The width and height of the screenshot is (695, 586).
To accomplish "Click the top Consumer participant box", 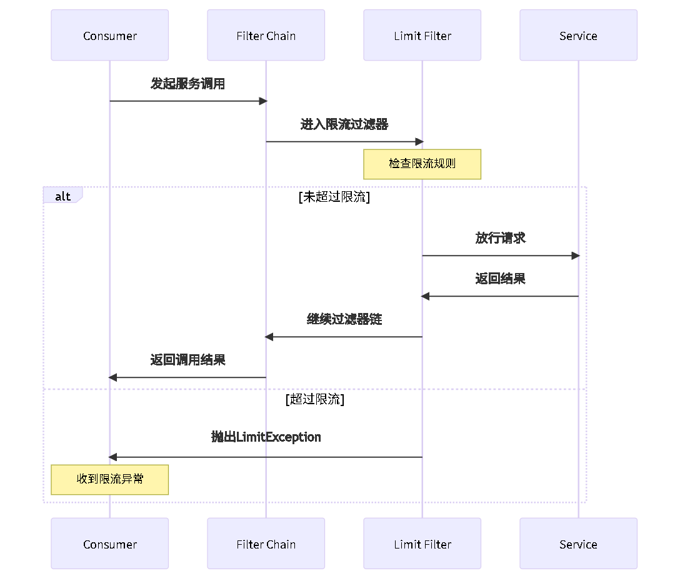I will tap(109, 36).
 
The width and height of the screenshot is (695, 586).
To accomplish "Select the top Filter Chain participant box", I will tap(266, 36).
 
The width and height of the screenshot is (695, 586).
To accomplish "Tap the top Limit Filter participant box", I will tap(422, 36).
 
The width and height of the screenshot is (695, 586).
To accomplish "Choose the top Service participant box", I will tap(578, 36).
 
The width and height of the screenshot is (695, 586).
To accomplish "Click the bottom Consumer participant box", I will tap(109, 544).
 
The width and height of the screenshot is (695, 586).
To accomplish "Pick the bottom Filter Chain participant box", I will tap(266, 544).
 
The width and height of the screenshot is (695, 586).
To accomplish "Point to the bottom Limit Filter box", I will tap(422, 544).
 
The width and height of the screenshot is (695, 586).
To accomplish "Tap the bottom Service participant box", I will tap(578, 544).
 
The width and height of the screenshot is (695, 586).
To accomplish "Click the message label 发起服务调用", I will tap(187, 84).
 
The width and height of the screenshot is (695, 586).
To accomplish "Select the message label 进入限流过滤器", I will tap(344, 124).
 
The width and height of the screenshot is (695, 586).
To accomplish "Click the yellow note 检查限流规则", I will tap(422, 164).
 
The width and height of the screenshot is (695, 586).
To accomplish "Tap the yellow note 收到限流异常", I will tap(109, 479).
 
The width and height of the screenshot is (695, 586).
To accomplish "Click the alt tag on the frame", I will tap(62, 196).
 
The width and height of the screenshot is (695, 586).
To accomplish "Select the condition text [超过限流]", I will tap(314, 400).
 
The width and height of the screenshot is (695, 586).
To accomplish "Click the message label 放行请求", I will tap(500, 238).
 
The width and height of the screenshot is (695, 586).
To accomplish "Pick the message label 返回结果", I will tap(500, 279).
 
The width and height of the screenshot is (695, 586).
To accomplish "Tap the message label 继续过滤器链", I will tap(344, 319).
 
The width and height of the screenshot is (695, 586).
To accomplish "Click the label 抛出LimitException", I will tap(266, 437).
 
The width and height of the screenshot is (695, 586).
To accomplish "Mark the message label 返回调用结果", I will tap(187, 360).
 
